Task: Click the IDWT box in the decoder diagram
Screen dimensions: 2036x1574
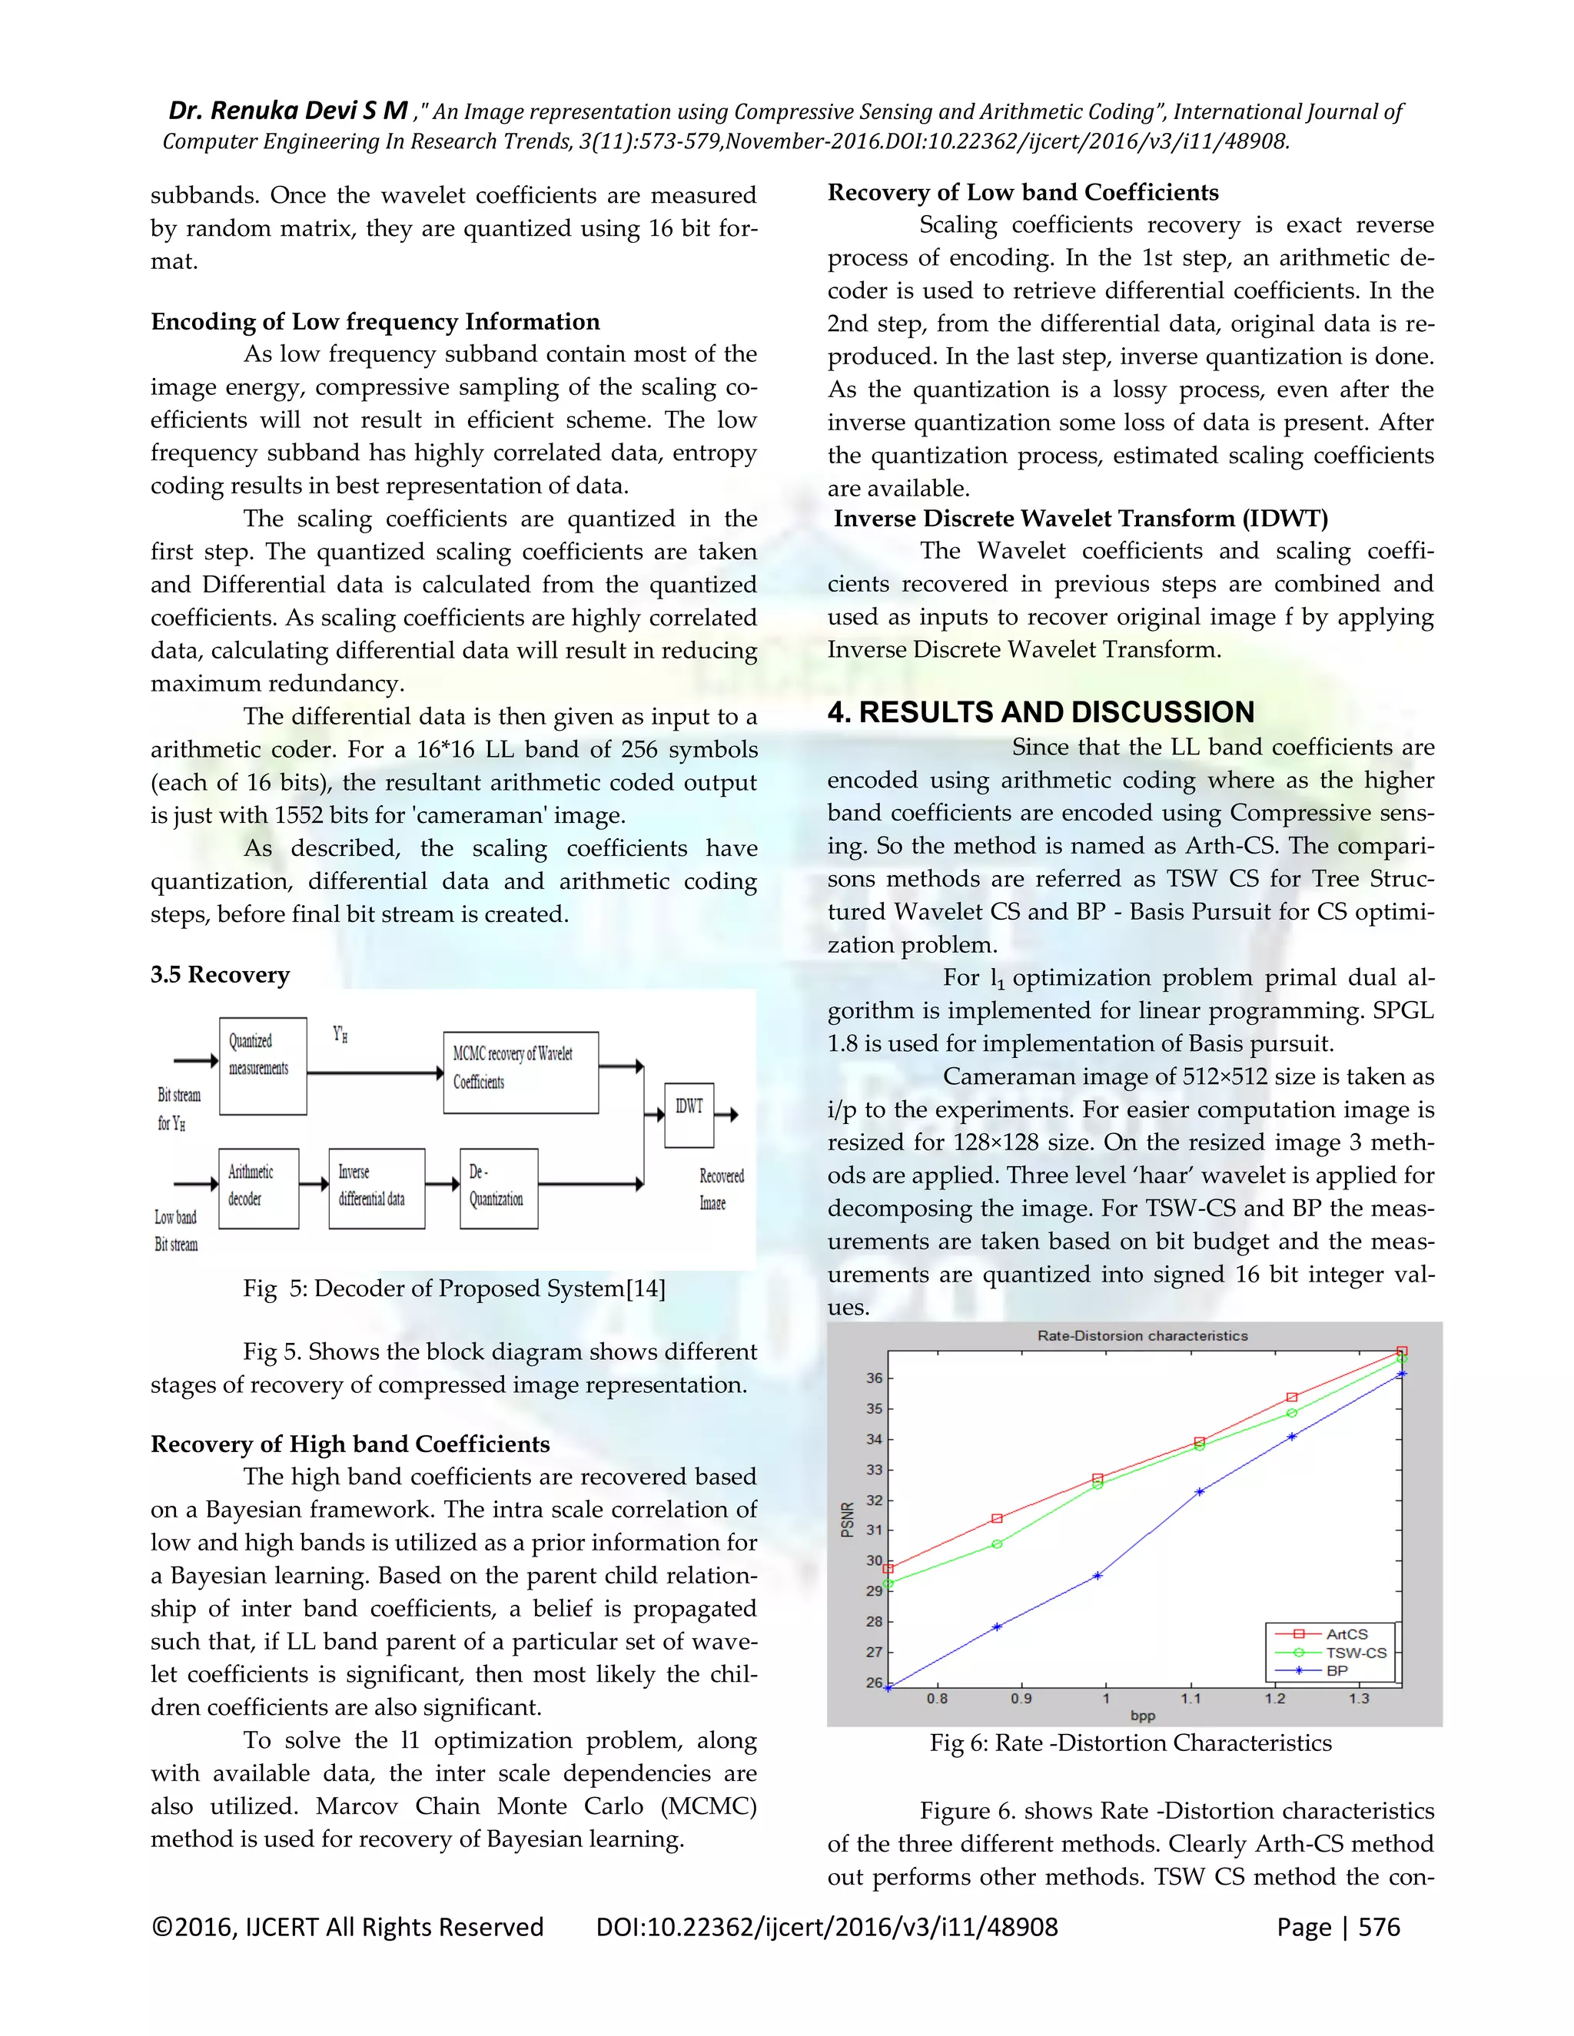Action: (x=689, y=1114)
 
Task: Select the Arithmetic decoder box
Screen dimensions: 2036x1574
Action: (x=259, y=1188)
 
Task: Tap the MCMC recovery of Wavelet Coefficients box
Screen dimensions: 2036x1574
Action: (x=520, y=1072)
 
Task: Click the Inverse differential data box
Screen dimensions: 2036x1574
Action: (x=377, y=1188)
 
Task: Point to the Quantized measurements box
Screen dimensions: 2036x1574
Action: (x=263, y=1066)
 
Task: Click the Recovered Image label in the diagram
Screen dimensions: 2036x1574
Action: (x=721, y=1189)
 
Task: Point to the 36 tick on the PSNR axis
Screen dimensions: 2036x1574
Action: (x=874, y=1378)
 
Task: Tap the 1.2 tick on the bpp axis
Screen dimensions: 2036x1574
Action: (x=1275, y=1699)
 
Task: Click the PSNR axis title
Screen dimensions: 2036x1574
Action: (x=847, y=1520)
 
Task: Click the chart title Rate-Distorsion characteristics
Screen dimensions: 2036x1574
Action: (x=1142, y=1336)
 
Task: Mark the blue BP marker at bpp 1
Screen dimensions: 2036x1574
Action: (x=1097, y=1576)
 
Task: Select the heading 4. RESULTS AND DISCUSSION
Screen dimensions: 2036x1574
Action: (x=1041, y=712)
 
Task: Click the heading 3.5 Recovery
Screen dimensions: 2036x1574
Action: (x=220, y=974)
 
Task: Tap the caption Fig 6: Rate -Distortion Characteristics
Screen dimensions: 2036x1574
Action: (x=1130, y=1743)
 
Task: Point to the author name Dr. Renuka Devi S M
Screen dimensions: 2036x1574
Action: (x=287, y=111)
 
